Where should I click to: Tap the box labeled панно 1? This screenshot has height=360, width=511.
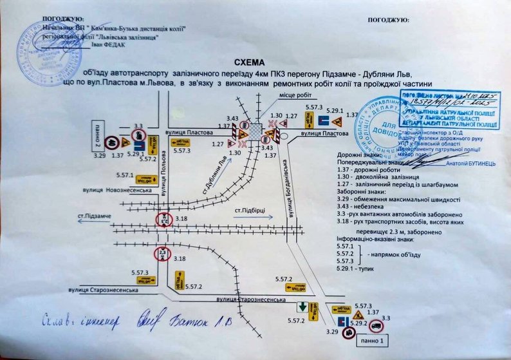pyautogui.click(x=374, y=340)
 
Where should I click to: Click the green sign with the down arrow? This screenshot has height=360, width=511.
pyautogui.click(x=302, y=305)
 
